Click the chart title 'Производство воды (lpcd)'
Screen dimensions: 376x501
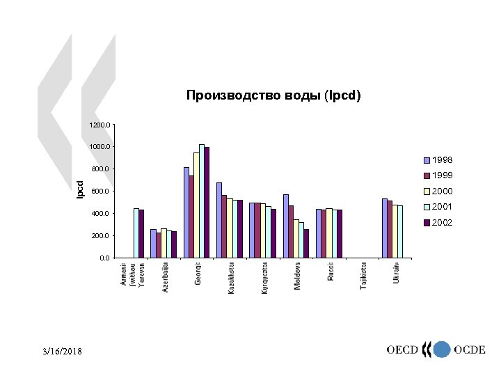pos(273,95)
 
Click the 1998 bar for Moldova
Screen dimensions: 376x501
pos(285,226)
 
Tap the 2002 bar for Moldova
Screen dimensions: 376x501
pos(306,243)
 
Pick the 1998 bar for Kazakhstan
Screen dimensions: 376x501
pos(219,220)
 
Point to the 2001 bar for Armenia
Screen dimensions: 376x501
pos(136,233)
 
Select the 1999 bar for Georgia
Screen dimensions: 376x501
pos(191,217)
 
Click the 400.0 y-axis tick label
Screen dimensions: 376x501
pos(100,213)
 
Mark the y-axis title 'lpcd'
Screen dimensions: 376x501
pos(80,188)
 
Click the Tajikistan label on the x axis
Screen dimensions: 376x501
pos(363,276)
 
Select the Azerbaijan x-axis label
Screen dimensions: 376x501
pos(166,277)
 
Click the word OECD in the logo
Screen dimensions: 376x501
pos(403,350)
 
